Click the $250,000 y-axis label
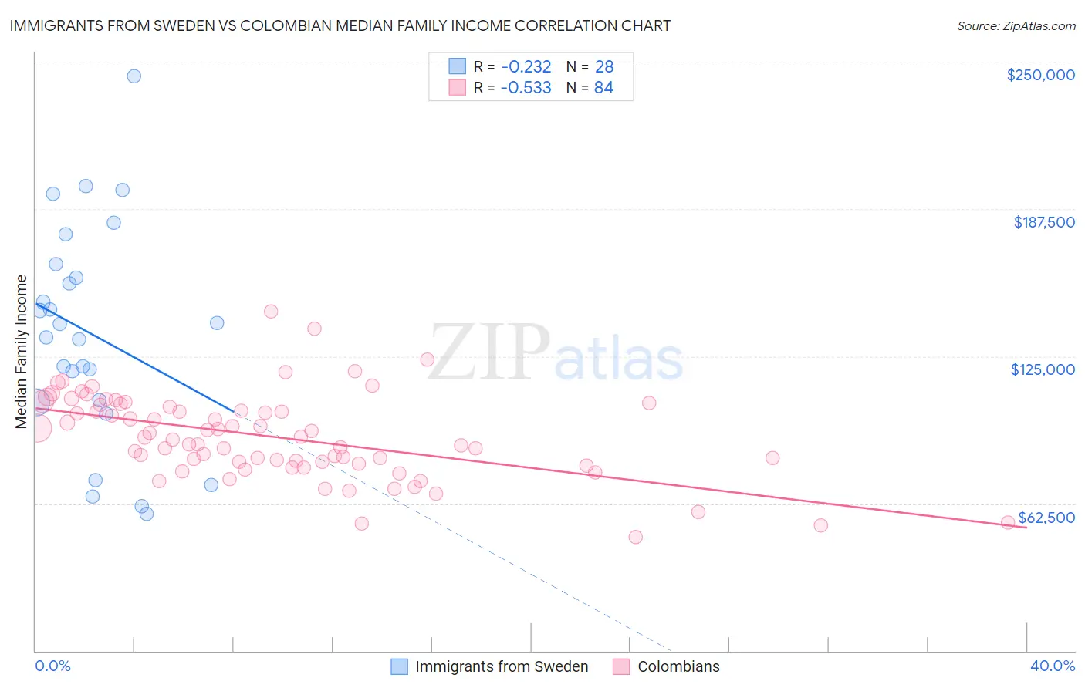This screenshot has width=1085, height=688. coord(1040,75)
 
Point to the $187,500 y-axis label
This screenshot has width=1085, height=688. coord(1044,222)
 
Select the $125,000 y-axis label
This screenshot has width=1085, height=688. coord(1043,369)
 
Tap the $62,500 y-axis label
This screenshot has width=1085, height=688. coord(1046,518)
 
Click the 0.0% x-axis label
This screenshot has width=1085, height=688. coord(52,666)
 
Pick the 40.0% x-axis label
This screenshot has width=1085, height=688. coord(1053,666)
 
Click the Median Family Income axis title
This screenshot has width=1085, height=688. coord(22,352)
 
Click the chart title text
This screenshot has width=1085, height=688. coord(340,25)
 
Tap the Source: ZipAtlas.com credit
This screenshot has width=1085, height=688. coord(1016,26)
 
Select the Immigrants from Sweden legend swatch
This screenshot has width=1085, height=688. coord(399,666)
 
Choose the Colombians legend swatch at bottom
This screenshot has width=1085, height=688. coord(621,666)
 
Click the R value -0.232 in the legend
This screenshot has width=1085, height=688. coord(526,67)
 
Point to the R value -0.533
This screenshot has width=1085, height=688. coord(526,88)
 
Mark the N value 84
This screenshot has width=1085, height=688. coord(603,88)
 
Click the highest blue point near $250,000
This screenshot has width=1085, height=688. coord(134,76)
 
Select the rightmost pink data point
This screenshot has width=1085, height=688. coord(1007,522)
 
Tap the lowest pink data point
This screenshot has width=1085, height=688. coord(635,537)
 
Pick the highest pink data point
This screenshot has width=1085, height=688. coord(271,312)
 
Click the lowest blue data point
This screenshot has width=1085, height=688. coord(147,514)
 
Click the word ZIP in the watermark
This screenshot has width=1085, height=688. coord(489,352)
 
